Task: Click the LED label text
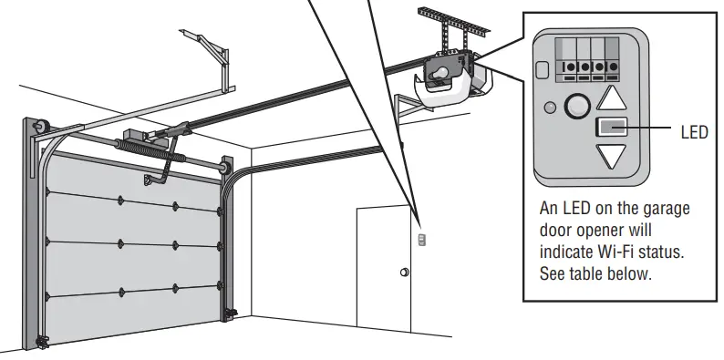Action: click(694, 132)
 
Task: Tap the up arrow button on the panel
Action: click(618, 98)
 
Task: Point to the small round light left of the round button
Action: click(549, 108)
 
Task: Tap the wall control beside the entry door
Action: click(420, 240)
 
